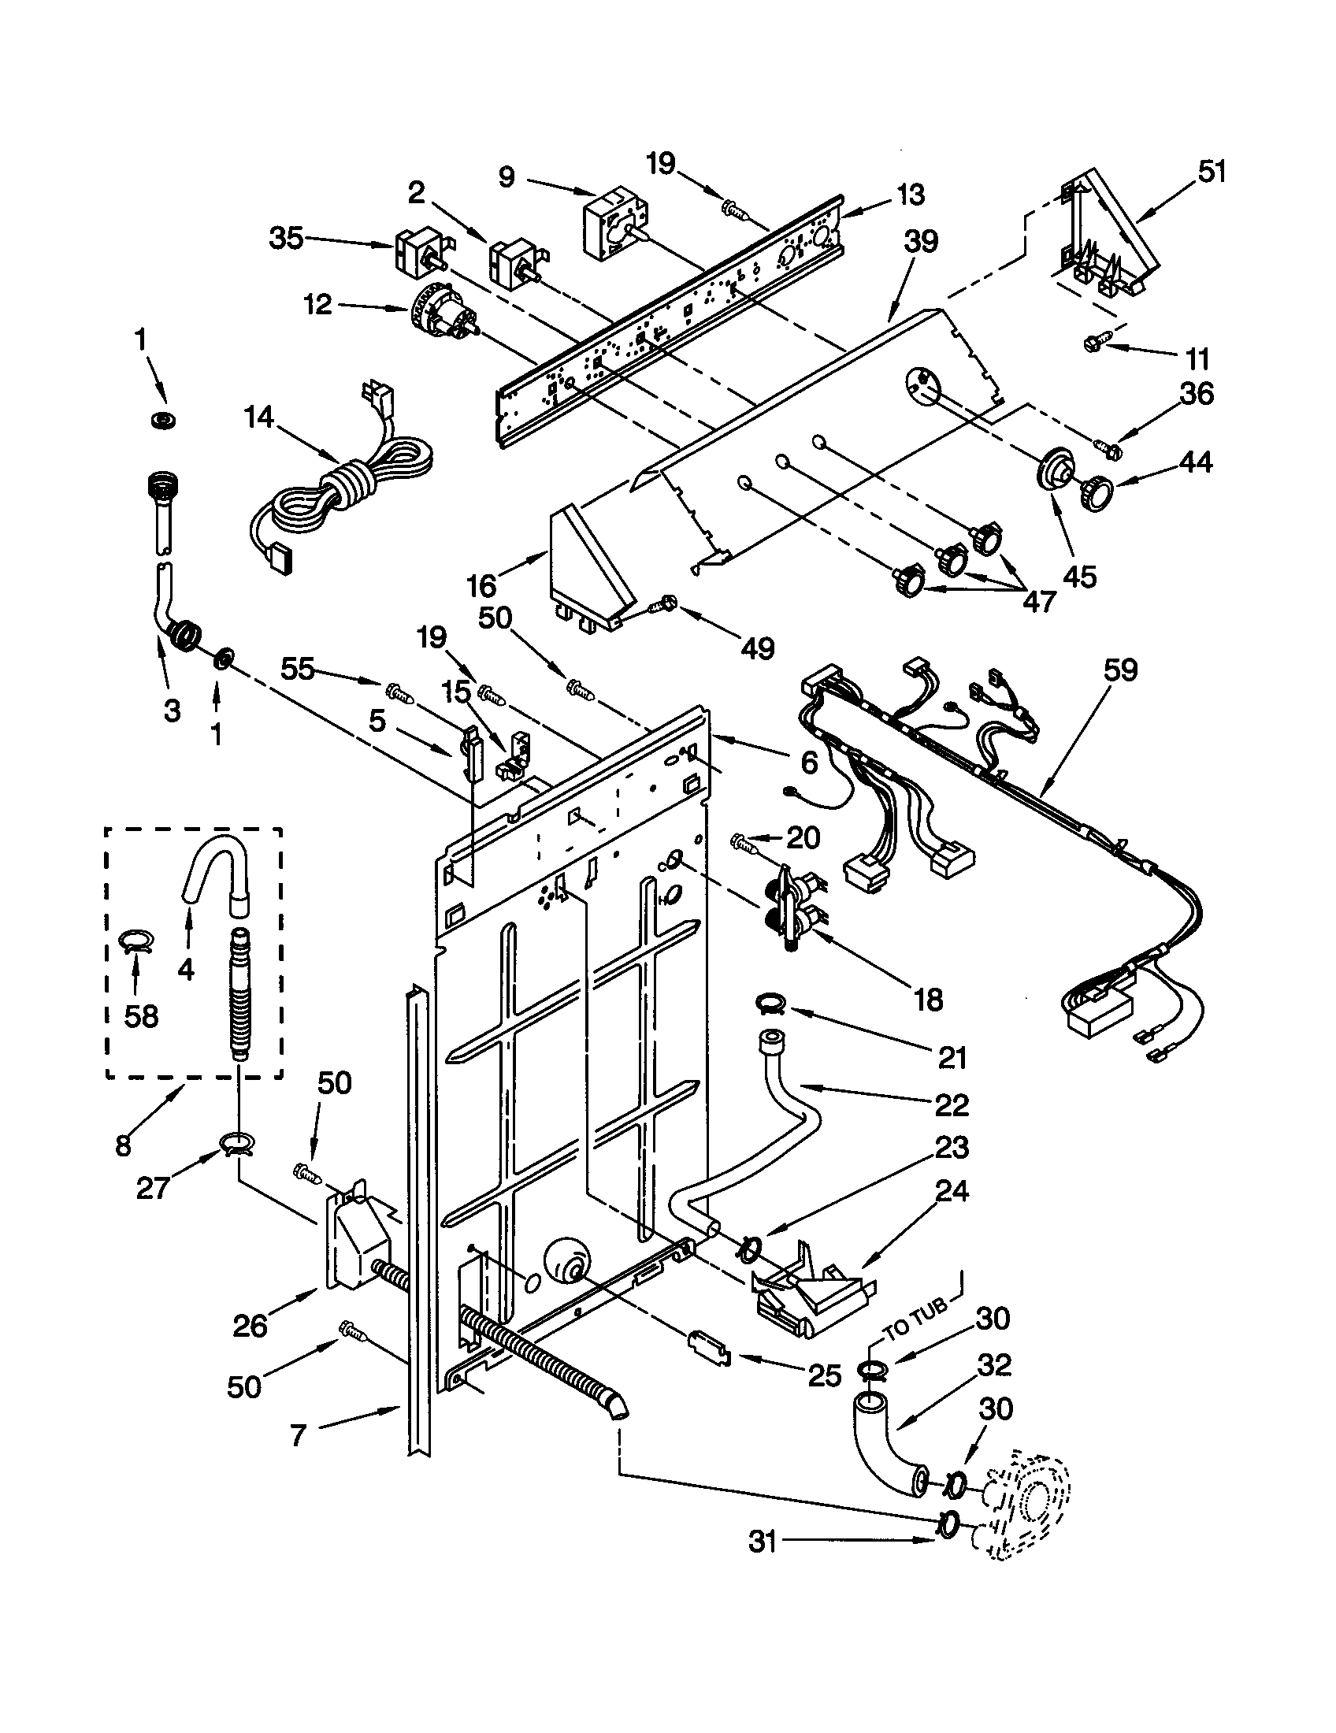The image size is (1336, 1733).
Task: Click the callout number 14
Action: coord(258,417)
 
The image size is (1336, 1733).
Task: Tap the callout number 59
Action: coord(1119,670)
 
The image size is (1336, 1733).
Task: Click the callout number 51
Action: coord(1211,172)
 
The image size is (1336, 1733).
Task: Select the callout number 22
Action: coord(952,1104)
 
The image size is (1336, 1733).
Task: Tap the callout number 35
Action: coord(287,238)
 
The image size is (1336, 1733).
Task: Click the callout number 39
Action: coord(920,241)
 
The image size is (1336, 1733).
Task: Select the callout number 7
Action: coord(298,1435)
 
